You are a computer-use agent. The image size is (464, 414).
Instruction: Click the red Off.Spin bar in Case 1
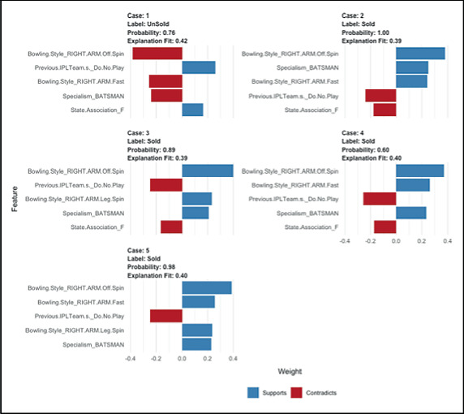tap(157, 54)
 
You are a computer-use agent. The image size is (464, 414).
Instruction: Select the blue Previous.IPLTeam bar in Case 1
tap(199, 67)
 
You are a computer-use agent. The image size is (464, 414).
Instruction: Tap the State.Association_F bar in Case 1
tap(192, 110)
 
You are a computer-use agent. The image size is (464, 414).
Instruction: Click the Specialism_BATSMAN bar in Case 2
tap(412, 67)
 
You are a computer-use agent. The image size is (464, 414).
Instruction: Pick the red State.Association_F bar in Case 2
tap(385, 110)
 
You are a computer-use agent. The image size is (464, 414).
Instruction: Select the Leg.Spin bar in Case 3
tap(196, 199)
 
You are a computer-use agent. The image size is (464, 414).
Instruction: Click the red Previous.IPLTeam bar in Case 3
tap(166, 185)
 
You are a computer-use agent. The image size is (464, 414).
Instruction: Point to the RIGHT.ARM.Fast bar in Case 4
tap(413, 185)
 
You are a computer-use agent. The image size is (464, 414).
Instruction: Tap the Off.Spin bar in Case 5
tap(207, 287)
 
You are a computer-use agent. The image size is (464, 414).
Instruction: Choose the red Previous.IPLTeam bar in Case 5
tap(166, 316)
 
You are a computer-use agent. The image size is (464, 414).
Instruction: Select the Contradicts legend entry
tap(311, 393)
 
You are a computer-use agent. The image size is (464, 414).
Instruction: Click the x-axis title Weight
tap(290, 372)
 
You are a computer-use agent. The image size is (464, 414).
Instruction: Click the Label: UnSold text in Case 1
tap(149, 24)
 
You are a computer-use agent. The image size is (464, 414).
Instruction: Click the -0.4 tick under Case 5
tap(131, 357)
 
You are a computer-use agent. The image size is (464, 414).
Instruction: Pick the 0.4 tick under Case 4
tap(447, 241)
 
